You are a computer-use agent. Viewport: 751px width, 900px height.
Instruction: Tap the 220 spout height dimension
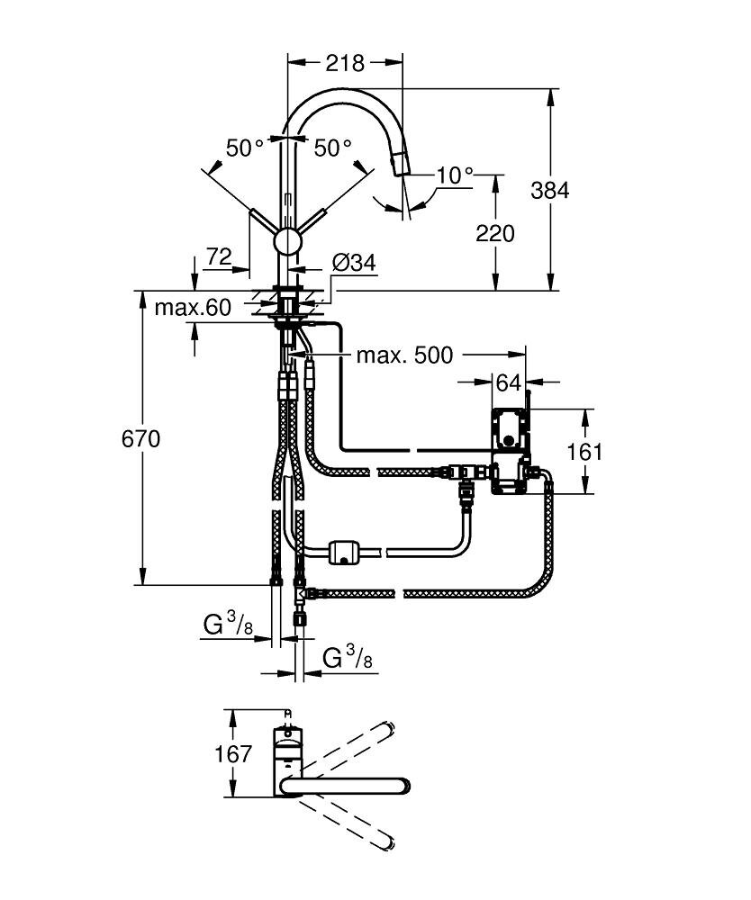click(x=494, y=233)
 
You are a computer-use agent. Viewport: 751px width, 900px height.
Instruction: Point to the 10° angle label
click(x=455, y=175)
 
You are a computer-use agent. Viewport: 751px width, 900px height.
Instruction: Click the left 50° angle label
click(x=244, y=148)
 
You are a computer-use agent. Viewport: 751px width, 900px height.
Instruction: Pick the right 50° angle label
click(x=332, y=148)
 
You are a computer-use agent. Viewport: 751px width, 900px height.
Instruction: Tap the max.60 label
click(x=192, y=308)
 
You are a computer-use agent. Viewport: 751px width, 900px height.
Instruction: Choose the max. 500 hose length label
click(x=404, y=355)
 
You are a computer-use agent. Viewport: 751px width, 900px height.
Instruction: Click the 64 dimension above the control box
click(x=509, y=382)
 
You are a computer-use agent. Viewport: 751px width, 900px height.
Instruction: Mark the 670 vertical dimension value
click(x=141, y=439)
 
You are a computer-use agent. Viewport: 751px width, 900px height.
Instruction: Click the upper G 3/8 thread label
click(x=226, y=624)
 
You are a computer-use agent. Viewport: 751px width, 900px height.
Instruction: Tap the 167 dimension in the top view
click(x=234, y=754)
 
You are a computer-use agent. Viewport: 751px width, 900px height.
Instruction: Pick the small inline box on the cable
click(x=345, y=552)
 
